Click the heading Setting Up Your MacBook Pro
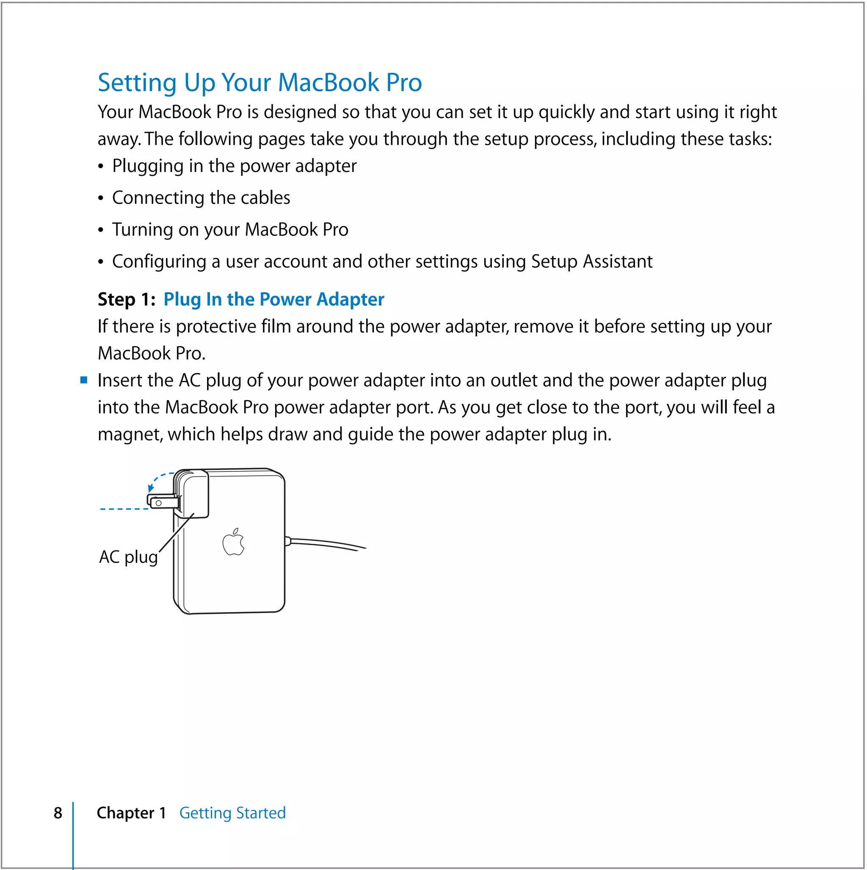(260, 83)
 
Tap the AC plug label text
(128, 557)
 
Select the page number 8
(58, 813)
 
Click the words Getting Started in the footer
(232, 813)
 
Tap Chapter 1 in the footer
(131, 813)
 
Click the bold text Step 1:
(127, 299)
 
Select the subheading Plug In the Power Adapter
(274, 299)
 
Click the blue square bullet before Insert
(84, 380)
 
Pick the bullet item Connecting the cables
(201, 198)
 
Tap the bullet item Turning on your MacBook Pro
(230, 230)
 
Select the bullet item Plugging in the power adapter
(234, 166)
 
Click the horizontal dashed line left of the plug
(124, 509)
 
